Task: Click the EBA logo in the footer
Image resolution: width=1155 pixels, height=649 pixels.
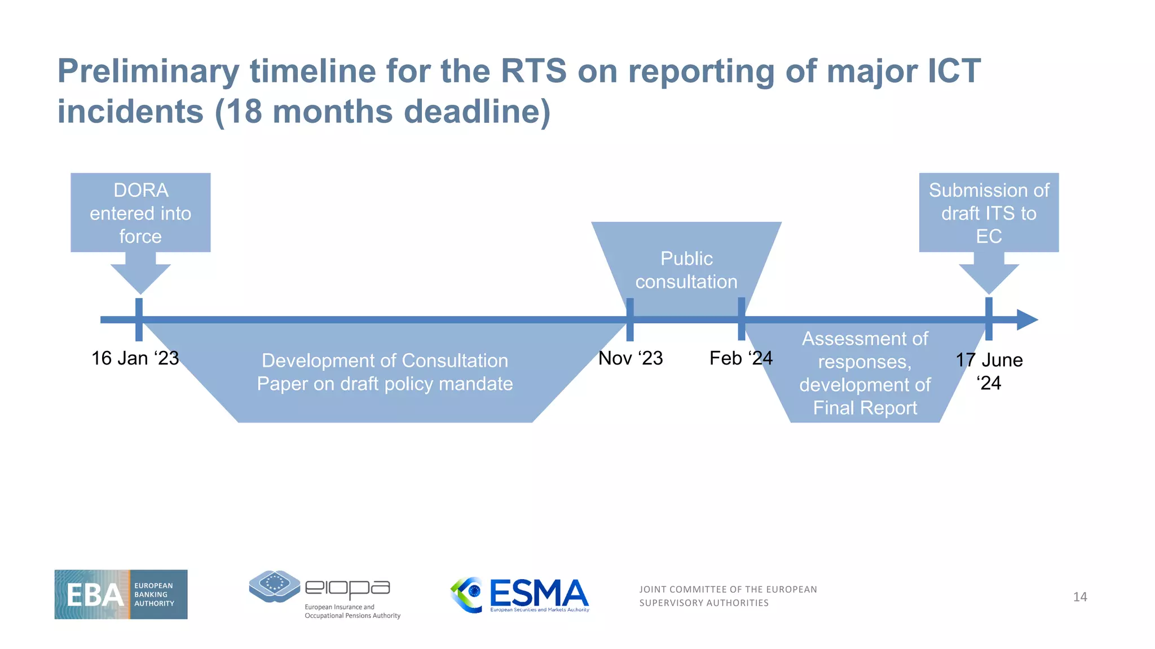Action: (121, 594)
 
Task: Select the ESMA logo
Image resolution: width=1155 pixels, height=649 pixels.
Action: (520, 595)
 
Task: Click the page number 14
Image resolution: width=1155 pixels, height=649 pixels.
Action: (1079, 597)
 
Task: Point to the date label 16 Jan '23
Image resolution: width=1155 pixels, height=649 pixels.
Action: (135, 358)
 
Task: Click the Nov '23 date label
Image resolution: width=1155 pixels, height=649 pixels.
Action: (630, 358)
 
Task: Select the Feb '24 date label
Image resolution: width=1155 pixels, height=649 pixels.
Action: (740, 358)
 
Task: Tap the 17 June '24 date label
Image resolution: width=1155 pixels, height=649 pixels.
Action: (989, 371)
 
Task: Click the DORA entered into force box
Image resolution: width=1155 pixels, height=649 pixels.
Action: (140, 213)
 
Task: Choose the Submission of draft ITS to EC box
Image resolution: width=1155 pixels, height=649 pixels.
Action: (989, 213)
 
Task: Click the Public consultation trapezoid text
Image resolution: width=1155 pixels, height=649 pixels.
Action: (686, 270)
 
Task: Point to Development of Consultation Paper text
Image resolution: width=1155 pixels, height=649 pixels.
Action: (385, 372)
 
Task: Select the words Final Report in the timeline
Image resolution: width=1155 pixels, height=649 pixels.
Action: (865, 408)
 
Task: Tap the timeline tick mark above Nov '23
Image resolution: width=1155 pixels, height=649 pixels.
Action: (630, 319)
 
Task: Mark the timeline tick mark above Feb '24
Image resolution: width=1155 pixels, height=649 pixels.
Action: (741, 319)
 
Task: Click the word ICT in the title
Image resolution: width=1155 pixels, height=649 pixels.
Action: (954, 71)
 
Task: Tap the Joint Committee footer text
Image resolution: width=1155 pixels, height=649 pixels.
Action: (728, 596)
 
